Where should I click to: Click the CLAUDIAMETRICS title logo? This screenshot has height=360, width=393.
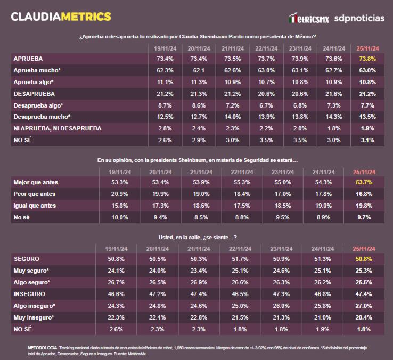tap(61, 17)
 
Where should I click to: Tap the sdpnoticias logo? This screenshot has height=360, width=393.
tap(359, 18)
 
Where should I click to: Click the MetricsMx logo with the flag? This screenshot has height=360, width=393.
tap(308, 19)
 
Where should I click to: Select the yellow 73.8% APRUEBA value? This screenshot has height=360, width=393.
tap(368, 59)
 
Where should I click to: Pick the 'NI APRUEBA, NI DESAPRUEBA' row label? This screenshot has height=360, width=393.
tap(57, 128)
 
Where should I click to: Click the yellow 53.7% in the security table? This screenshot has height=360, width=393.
tap(364, 182)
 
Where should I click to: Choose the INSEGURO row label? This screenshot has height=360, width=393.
tap(29, 294)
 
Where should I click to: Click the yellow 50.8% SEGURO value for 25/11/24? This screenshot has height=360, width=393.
tap(364, 259)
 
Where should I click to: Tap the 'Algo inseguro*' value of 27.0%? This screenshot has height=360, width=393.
tap(364, 306)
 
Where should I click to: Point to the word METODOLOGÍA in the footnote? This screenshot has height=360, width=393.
tap(43, 347)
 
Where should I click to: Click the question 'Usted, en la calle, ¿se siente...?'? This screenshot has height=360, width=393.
tap(198, 237)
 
